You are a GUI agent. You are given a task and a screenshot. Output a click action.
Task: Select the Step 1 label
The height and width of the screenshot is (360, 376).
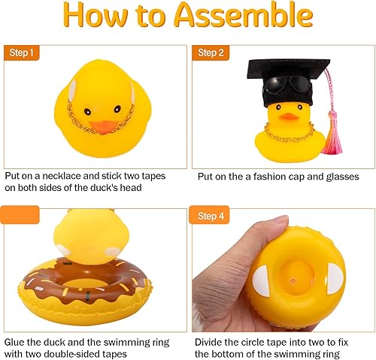pyautogui.click(x=22, y=52)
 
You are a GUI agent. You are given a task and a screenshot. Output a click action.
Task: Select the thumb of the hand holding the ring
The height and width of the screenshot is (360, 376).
pyautogui.click(x=263, y=232)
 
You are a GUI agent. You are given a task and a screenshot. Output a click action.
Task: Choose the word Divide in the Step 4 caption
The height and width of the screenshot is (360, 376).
pyautogui.click(x=212, y=340)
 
